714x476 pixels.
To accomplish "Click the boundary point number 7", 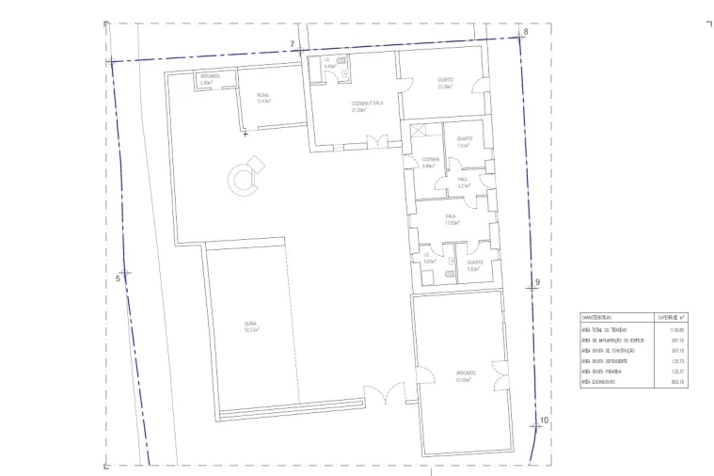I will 293,44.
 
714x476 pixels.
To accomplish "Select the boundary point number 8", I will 525,32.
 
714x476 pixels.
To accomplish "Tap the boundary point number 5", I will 119,278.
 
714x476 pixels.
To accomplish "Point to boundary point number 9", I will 537,282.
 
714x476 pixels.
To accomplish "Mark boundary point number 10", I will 544,420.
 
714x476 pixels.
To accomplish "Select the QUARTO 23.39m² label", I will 445,83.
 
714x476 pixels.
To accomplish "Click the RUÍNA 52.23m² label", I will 250,327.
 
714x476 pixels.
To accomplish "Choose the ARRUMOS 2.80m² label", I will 209,79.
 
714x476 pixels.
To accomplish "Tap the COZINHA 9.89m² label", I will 430,162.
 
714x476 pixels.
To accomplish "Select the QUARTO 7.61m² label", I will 464,142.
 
